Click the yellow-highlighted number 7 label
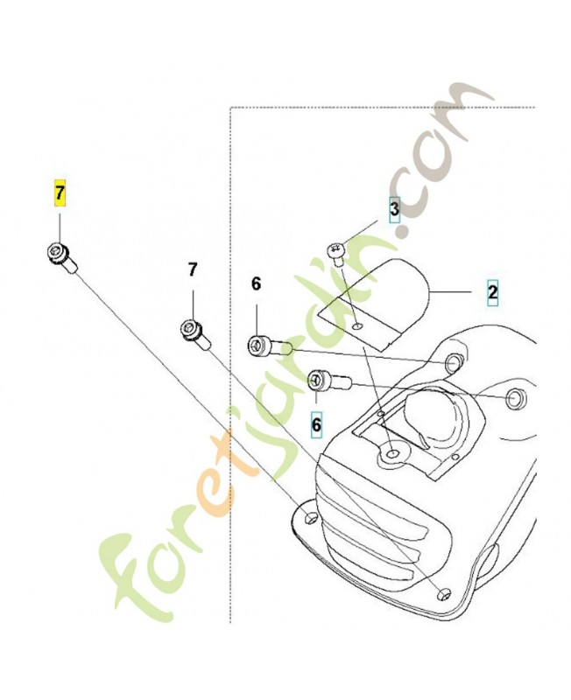[60, 193]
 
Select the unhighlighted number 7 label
[192, 270]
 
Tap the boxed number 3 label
[394, 208]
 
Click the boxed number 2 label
[492, 292]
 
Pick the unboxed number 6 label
[256, 283]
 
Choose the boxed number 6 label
[316, 424]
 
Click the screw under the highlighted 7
[61, 256]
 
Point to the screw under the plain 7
[194, 335]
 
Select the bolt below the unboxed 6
[270, 346]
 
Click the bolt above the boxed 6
[330, 381]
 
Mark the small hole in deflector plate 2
[356, 328]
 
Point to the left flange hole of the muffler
[311, 517]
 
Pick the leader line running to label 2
[449, 292]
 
